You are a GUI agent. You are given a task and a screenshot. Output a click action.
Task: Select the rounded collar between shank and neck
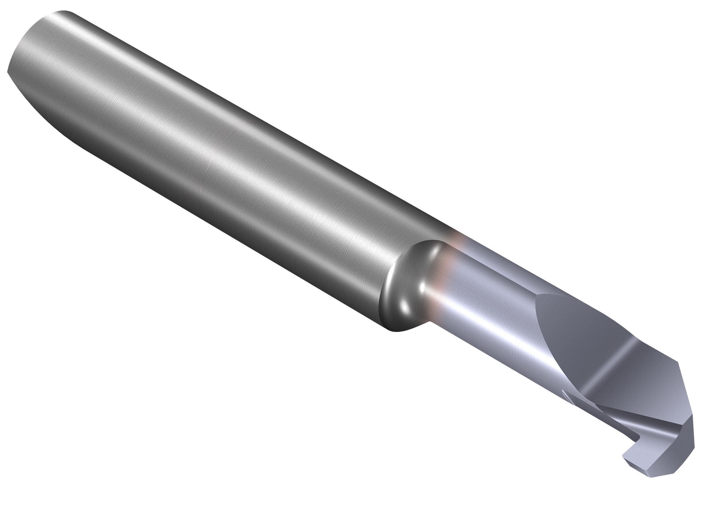click(404, 289)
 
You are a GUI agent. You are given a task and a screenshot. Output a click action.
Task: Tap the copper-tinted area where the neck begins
click(442, 280)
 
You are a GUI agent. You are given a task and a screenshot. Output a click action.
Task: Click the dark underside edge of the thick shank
click(218, 218)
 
